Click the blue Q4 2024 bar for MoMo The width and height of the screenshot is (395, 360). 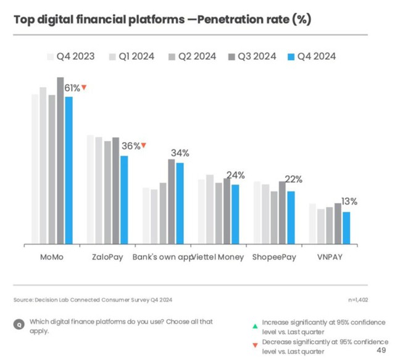[69, 170]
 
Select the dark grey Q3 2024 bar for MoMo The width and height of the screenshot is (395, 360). [60, 161]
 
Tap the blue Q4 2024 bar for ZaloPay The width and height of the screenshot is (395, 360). [124, 200]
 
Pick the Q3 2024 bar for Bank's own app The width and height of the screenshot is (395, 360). [172, 201]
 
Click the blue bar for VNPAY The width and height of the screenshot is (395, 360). [346, 228]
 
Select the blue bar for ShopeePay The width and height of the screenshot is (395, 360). [291, 217]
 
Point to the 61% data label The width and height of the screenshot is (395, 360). [72, 88]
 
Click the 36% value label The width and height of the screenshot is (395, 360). [131, 146]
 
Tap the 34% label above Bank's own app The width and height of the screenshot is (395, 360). [180, 153]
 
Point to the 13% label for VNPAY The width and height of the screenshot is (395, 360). [349, 201]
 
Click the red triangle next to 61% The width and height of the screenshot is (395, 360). [84, 87]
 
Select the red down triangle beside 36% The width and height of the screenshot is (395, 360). [144, 145]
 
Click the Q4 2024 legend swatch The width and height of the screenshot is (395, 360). [291, 57]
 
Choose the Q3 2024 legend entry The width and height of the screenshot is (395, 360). [252, 56]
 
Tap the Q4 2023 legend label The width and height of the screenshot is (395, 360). [75, 56]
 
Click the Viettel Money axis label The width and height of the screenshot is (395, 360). [218, 257]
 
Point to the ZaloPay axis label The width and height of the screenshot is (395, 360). [107, 257]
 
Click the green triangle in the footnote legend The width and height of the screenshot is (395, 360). [255, 326]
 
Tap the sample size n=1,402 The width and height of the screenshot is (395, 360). [358, 299]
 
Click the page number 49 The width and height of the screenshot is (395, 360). [381, 350]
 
